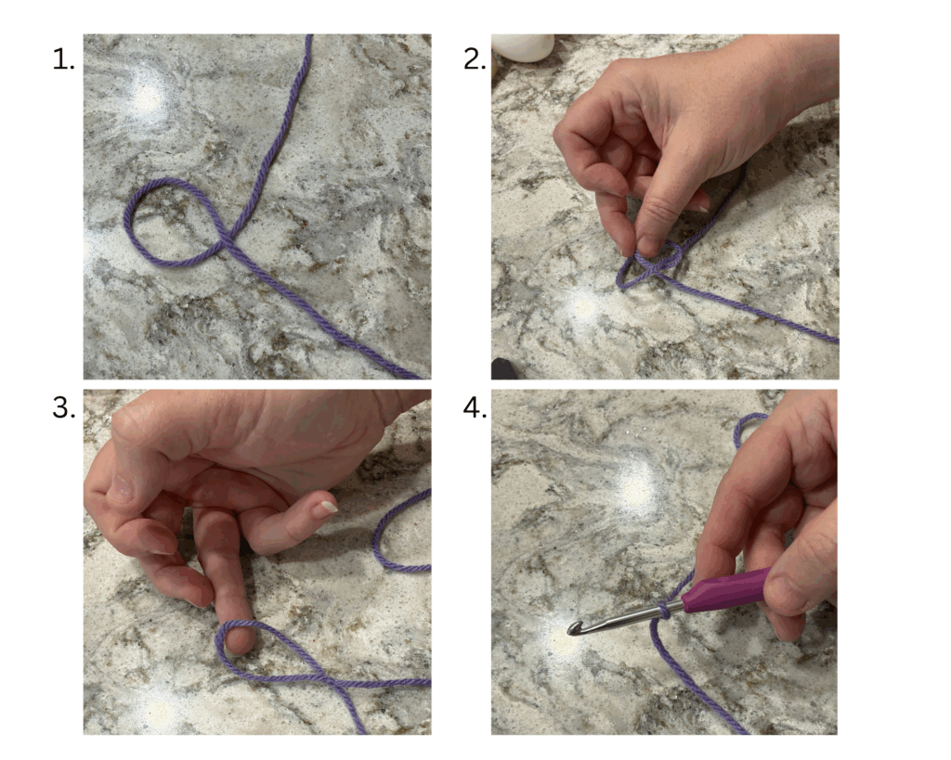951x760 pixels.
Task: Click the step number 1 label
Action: [63, 60]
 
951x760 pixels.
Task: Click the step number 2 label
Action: [475, 60]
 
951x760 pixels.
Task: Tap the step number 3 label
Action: [64, 408]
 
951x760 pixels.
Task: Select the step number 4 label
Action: [475, 408]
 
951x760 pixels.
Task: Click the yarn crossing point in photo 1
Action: [228, 243]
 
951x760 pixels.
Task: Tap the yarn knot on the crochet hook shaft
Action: [664, 611]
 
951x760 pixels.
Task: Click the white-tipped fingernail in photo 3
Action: [328, 508]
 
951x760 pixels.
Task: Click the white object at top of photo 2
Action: [522, 46]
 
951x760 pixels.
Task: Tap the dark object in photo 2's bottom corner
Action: [504, 369]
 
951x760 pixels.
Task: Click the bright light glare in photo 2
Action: [583, 306]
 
